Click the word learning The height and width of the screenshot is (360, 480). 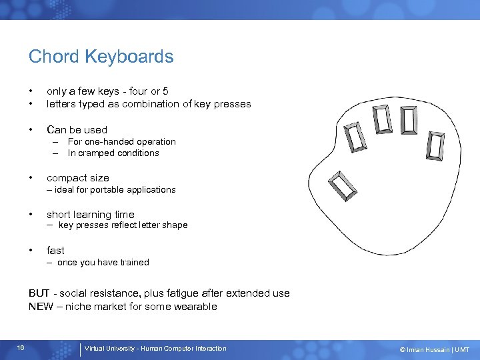(x=90, y=215)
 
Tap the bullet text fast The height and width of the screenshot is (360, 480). (x=55, y=251)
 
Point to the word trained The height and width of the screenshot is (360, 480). (x=134, y=262)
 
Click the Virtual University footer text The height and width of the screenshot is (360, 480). (x=155, y=349)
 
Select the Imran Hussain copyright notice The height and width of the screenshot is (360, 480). (x=434, y=349)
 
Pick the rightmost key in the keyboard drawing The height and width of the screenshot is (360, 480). (x=435, y=146)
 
